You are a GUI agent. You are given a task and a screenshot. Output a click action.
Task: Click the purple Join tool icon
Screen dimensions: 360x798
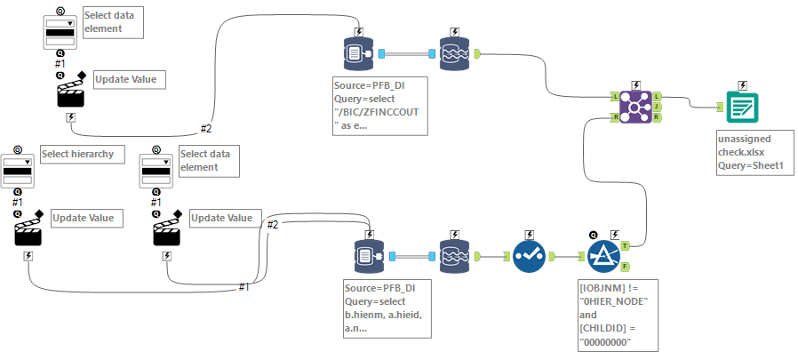point(634,107)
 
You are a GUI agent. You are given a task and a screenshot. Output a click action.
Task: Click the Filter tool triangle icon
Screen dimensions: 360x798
point(603,255)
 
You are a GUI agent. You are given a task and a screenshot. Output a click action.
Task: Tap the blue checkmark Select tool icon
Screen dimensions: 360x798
point(530,256)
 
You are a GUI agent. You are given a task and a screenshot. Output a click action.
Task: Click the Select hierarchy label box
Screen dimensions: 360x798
point(77,154)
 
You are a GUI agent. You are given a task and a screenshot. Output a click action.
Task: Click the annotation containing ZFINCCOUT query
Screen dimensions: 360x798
point(376,105)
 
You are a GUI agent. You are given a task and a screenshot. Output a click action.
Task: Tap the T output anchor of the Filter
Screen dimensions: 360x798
point(626,244)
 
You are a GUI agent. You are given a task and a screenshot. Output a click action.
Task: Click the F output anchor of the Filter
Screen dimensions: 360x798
point(626,266)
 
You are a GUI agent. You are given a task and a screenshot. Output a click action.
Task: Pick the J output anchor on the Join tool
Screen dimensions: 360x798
point(657,107)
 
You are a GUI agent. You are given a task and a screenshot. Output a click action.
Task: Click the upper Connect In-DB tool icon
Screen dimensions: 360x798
point(357,54)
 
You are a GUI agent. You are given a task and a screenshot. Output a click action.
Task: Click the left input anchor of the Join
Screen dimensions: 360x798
point(615,96)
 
